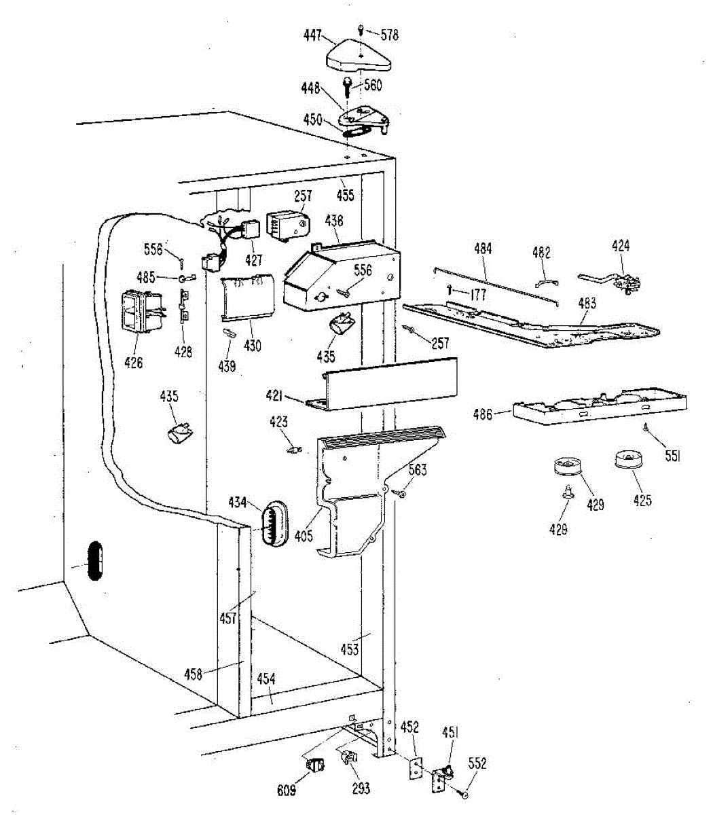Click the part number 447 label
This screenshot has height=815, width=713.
(313, 36)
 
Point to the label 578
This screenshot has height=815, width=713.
(389, 35)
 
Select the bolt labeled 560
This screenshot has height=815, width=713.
(348, 86)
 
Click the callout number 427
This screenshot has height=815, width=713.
(254, 260)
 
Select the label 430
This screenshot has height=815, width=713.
(252, 346)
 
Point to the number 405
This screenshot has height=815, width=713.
(304, 536)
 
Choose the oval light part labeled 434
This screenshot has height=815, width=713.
(273, 524)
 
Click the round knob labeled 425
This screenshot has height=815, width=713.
(627, 461)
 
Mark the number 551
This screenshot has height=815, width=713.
(672, 457)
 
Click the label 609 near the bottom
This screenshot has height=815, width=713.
(287, 792)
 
